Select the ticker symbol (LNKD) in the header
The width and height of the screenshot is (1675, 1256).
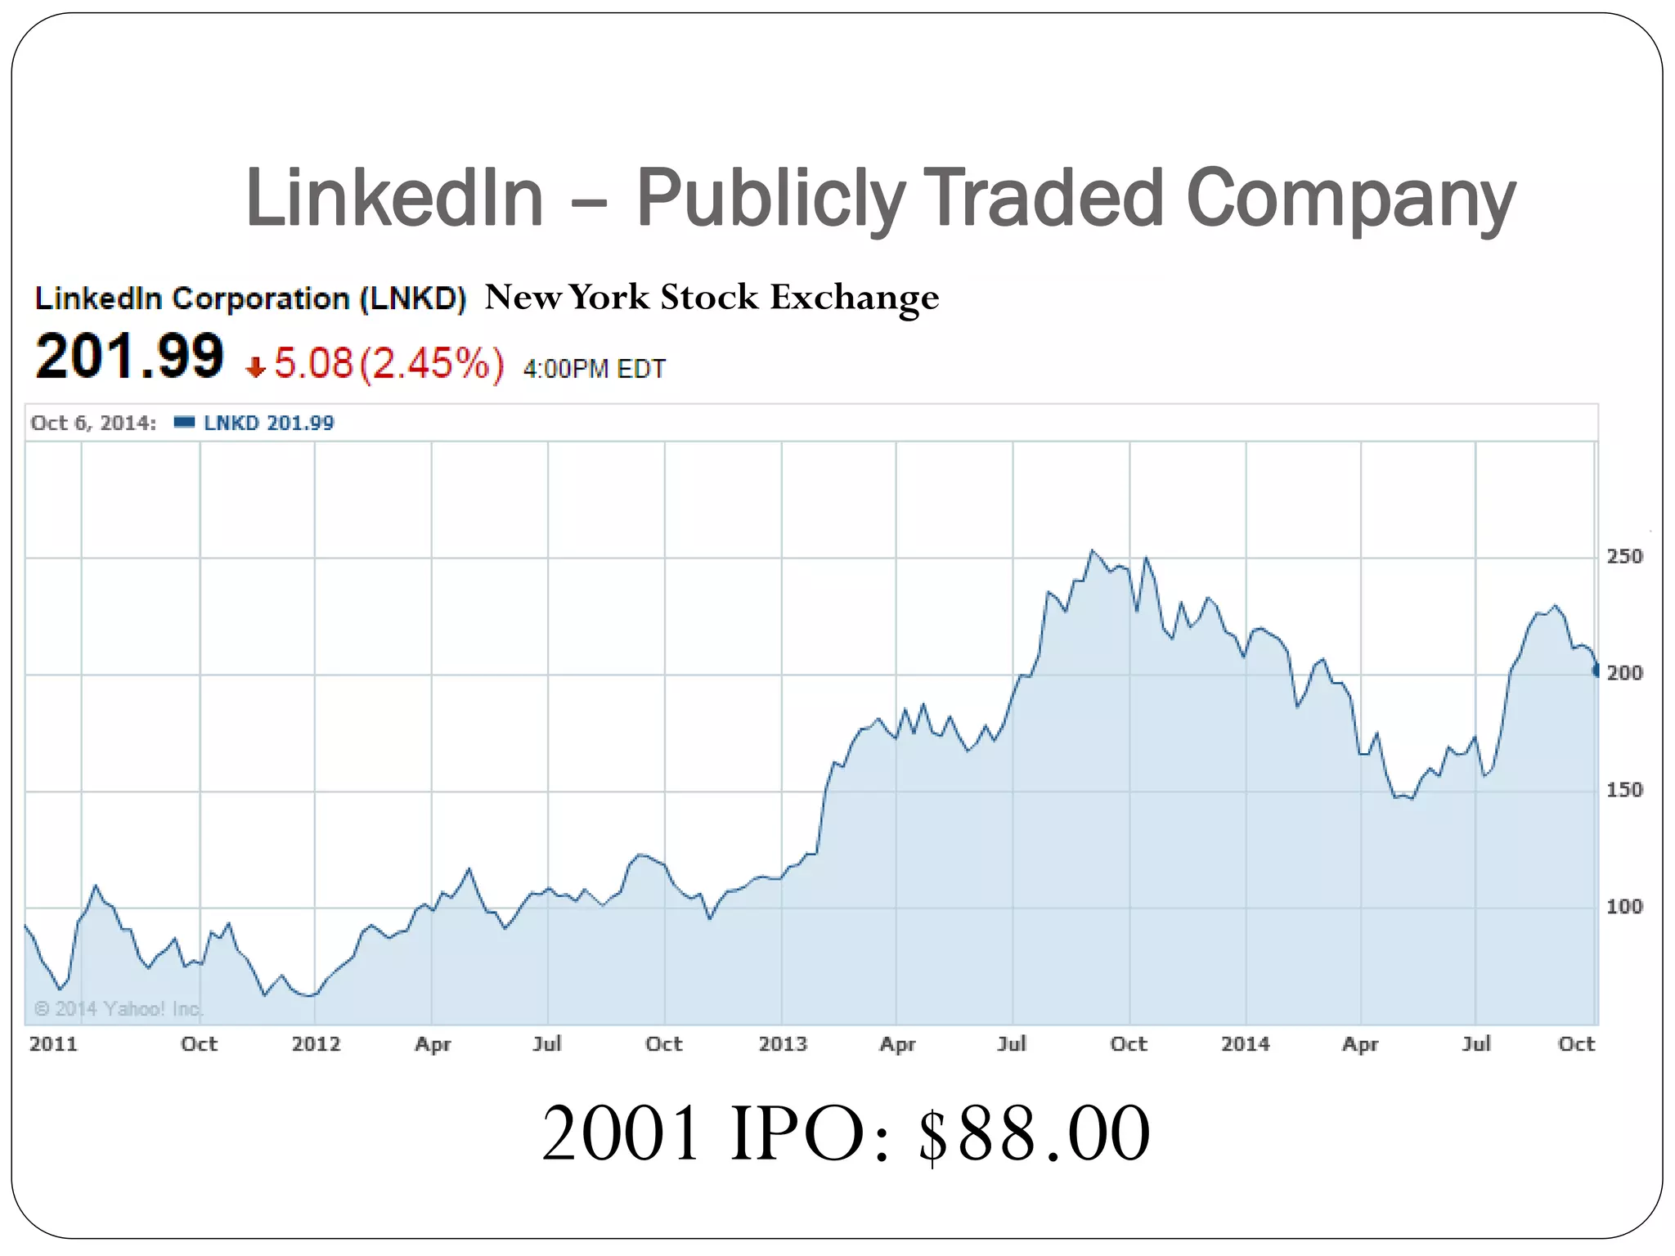point(413,298)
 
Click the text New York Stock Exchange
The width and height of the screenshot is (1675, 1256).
point(712,297)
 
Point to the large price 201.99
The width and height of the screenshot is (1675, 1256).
point(130,357)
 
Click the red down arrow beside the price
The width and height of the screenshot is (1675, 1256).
point(256,367)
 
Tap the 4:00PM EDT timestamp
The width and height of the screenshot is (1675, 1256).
point(595,369)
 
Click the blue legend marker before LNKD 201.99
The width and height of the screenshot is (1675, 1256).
point(185,422)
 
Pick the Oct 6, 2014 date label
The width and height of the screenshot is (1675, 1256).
point(93,423)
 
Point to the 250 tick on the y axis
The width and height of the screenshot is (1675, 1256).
point(1624,557)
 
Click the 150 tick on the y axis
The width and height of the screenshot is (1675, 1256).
point(1624,790)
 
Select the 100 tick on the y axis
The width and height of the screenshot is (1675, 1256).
point(1624,907)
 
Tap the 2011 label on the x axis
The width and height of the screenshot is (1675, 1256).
point(53,1044)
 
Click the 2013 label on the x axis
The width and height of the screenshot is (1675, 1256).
point(783,1044)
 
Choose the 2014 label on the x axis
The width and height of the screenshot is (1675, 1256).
point(1246,1044)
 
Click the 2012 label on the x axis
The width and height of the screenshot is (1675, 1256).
point(316,1044)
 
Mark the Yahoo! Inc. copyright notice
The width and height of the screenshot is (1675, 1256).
point(119,1008)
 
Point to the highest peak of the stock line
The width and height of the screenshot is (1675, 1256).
point(1093,551)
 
